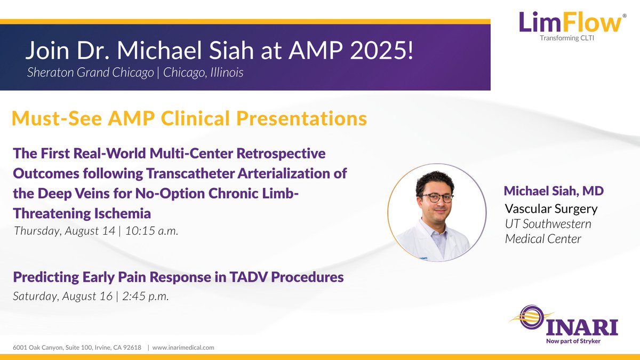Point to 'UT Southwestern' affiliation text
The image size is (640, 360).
coord(548,223)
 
